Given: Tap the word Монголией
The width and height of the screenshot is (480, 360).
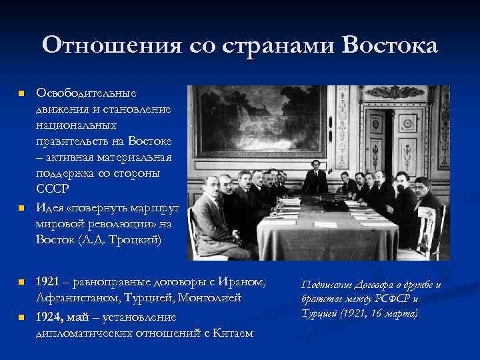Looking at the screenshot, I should [210, 298].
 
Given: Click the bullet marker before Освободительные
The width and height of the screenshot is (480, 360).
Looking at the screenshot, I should [21, 92].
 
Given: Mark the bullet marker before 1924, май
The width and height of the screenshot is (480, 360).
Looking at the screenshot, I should [21, 317].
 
